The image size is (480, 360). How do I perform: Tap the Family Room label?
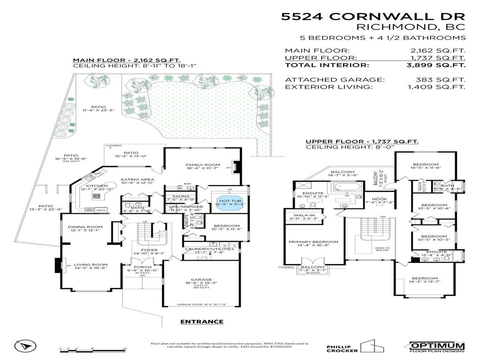pos(202,165)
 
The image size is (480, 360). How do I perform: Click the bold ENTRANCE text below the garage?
pos(202,322)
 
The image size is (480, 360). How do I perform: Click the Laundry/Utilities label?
pos(209,249)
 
